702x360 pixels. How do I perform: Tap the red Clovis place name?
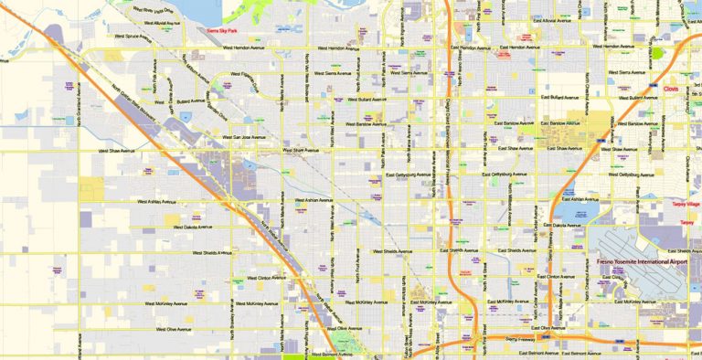point(671,90)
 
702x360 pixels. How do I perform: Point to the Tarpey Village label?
point(686,205)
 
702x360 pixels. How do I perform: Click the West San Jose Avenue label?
point(239,137)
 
